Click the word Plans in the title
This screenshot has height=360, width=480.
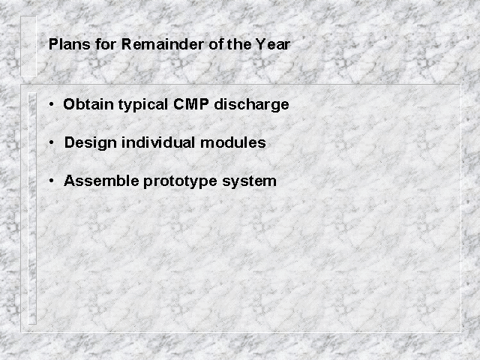(x=70, y=44)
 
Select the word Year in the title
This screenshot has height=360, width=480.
(x=273, y=44)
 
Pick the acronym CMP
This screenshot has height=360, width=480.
(x=191, y=104)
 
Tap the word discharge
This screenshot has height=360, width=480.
(x=251, y=105)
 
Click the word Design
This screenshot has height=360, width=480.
(x=90, y=143)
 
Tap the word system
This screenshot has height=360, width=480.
(x=249, y=181)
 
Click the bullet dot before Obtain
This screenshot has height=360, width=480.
(x=52, y=104)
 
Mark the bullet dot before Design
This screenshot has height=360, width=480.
(x=52, y=142)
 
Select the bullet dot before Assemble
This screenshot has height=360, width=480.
(x=52, y=181)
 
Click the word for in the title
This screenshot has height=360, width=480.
(x=106, y=44)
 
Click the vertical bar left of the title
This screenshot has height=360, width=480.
(x=28, y=46)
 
